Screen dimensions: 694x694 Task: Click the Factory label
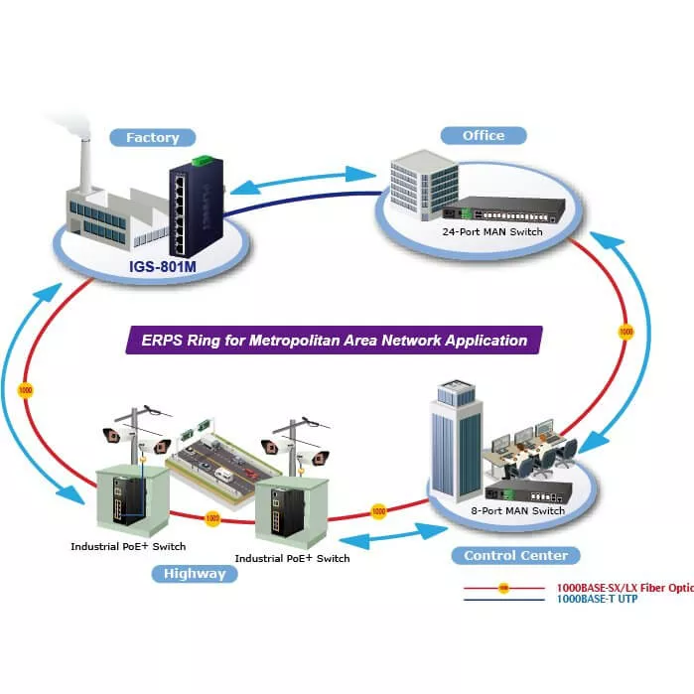click(152, 138)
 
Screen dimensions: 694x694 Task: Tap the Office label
click(484, 135)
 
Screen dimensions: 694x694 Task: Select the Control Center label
click(515, 555)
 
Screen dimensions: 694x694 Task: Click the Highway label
click(195, 573)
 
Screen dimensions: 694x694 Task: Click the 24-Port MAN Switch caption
click(492, 231)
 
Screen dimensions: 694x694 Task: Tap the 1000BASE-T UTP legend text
click(597, 600)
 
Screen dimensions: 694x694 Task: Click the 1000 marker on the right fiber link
click(625, 330)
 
